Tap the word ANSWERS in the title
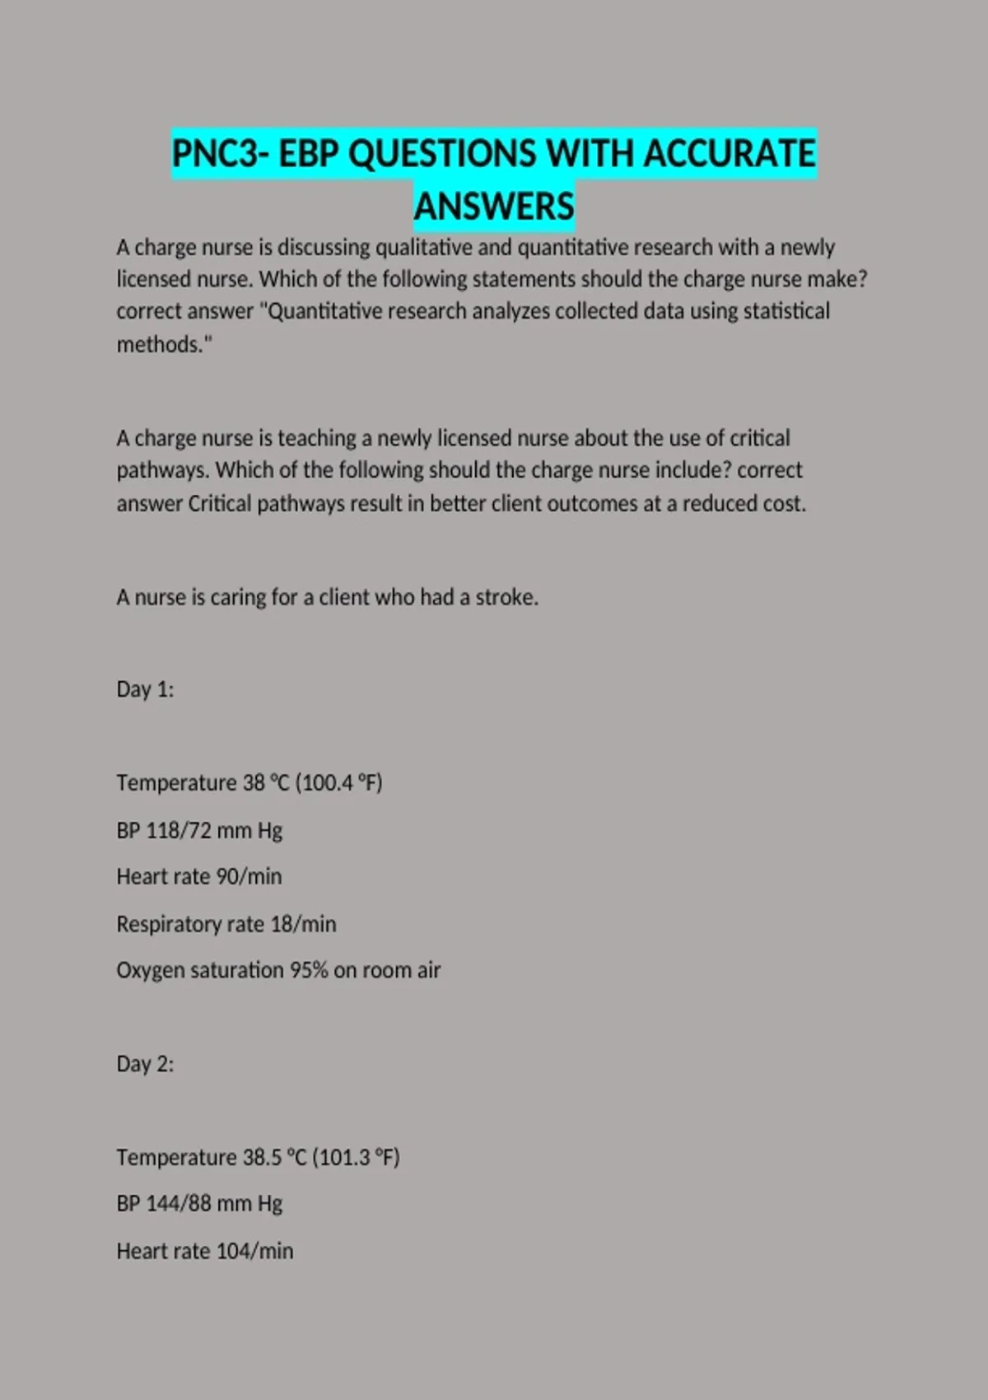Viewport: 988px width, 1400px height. point(494,206)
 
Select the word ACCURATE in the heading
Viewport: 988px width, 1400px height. point(729,154)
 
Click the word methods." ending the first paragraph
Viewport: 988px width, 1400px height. point(164,344)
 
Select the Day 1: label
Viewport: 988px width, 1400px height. point(145,689)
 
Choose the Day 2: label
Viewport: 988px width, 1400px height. point(145,1064)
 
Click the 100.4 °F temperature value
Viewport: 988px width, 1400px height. point(339,782)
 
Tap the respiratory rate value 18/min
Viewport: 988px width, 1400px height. point(303,924)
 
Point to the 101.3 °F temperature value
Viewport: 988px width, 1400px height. point(357,1157)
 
